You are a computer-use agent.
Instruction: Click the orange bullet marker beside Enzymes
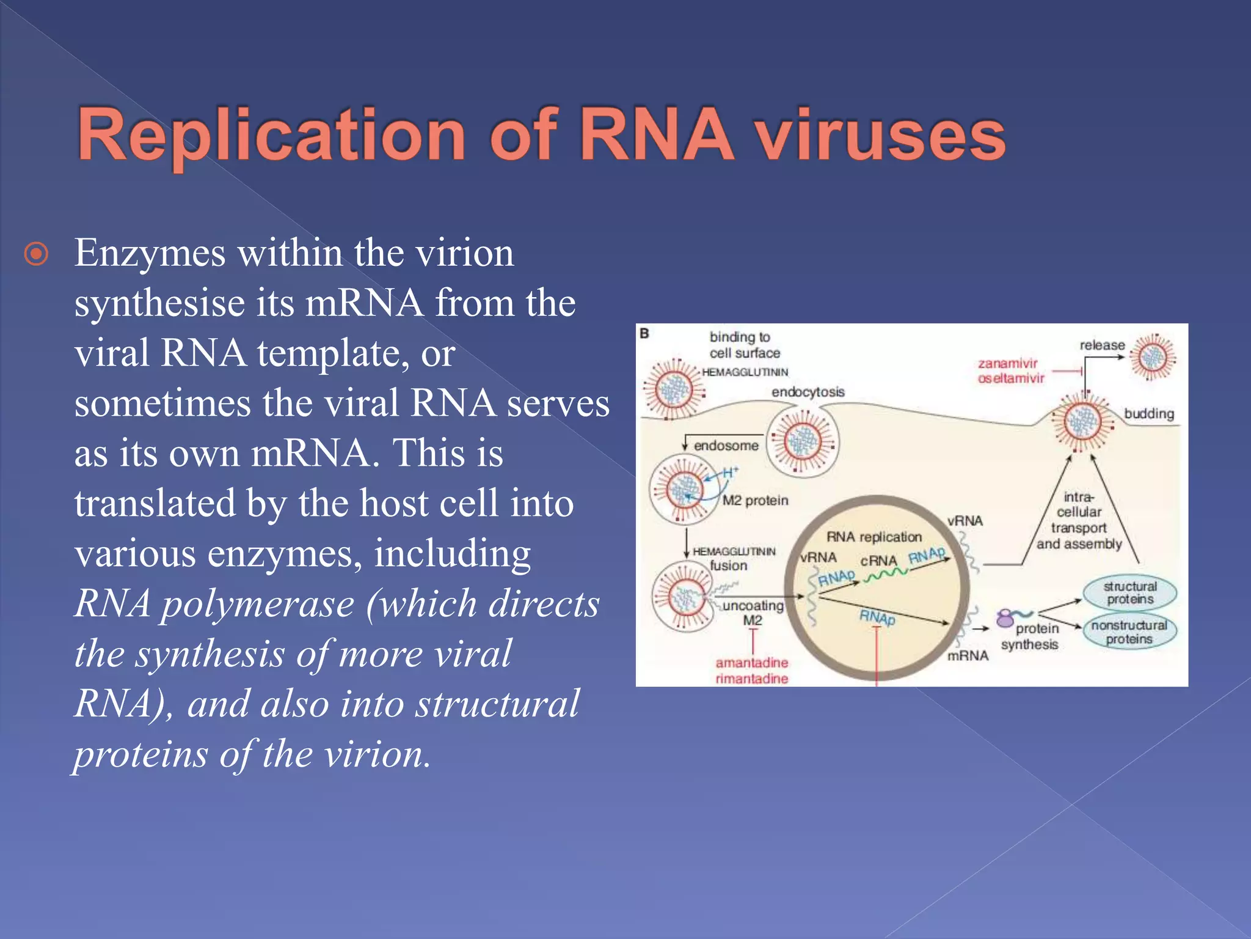pos(36,254)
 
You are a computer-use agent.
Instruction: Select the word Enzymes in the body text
pos(150,254)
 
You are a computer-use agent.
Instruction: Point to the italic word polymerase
pos(257,604)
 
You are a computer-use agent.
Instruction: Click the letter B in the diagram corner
pos(644,334)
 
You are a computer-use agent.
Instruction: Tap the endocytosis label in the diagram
pos(808,392)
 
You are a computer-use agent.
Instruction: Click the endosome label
pos(726,446)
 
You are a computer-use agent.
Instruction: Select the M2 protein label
pos(755,501)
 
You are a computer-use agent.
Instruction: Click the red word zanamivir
pos(1007,364)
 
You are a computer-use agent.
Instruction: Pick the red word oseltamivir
pos(1011,378)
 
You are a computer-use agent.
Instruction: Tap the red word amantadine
pos(751,663)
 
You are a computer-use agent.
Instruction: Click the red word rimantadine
pos(751,679)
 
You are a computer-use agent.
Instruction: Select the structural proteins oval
pos(1129,593)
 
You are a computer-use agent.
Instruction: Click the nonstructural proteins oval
pos(1129,632)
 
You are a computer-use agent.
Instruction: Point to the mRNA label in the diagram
pos(968,656)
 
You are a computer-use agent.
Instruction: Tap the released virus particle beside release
pos(1152,357)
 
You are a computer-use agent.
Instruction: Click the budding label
pos(1148,414)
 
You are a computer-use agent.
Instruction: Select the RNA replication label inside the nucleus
pos(874,537)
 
